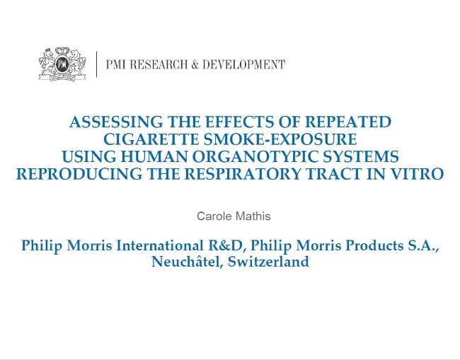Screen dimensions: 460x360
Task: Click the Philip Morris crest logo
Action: click(x=62, y=64)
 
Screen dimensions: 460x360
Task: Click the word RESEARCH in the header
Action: click(x=159, y=64)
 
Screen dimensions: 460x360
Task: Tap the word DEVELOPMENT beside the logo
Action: click(x=243, y=64)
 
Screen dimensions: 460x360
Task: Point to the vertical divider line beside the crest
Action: click(x=96, y=64)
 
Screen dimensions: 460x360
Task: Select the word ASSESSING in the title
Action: click(x=115, y=122)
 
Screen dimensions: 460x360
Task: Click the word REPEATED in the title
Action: click(x=348, y=122)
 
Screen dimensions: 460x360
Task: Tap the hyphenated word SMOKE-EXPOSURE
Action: click(x=280, y=139)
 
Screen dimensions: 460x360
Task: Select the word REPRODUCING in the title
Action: click(x=79, y=173)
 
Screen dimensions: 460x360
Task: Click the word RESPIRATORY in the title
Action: click(x=243, y=173)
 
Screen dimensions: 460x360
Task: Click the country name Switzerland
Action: click(x=268, y=261)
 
